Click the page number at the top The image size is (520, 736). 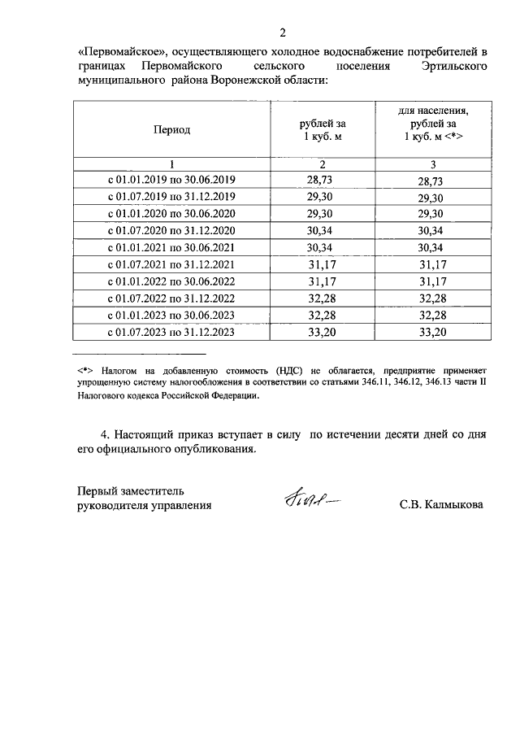[282, 33]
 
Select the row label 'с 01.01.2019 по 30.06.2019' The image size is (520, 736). [171, 181]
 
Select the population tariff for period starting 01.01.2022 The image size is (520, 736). [434, 281]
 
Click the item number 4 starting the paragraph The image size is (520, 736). [103, 434]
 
